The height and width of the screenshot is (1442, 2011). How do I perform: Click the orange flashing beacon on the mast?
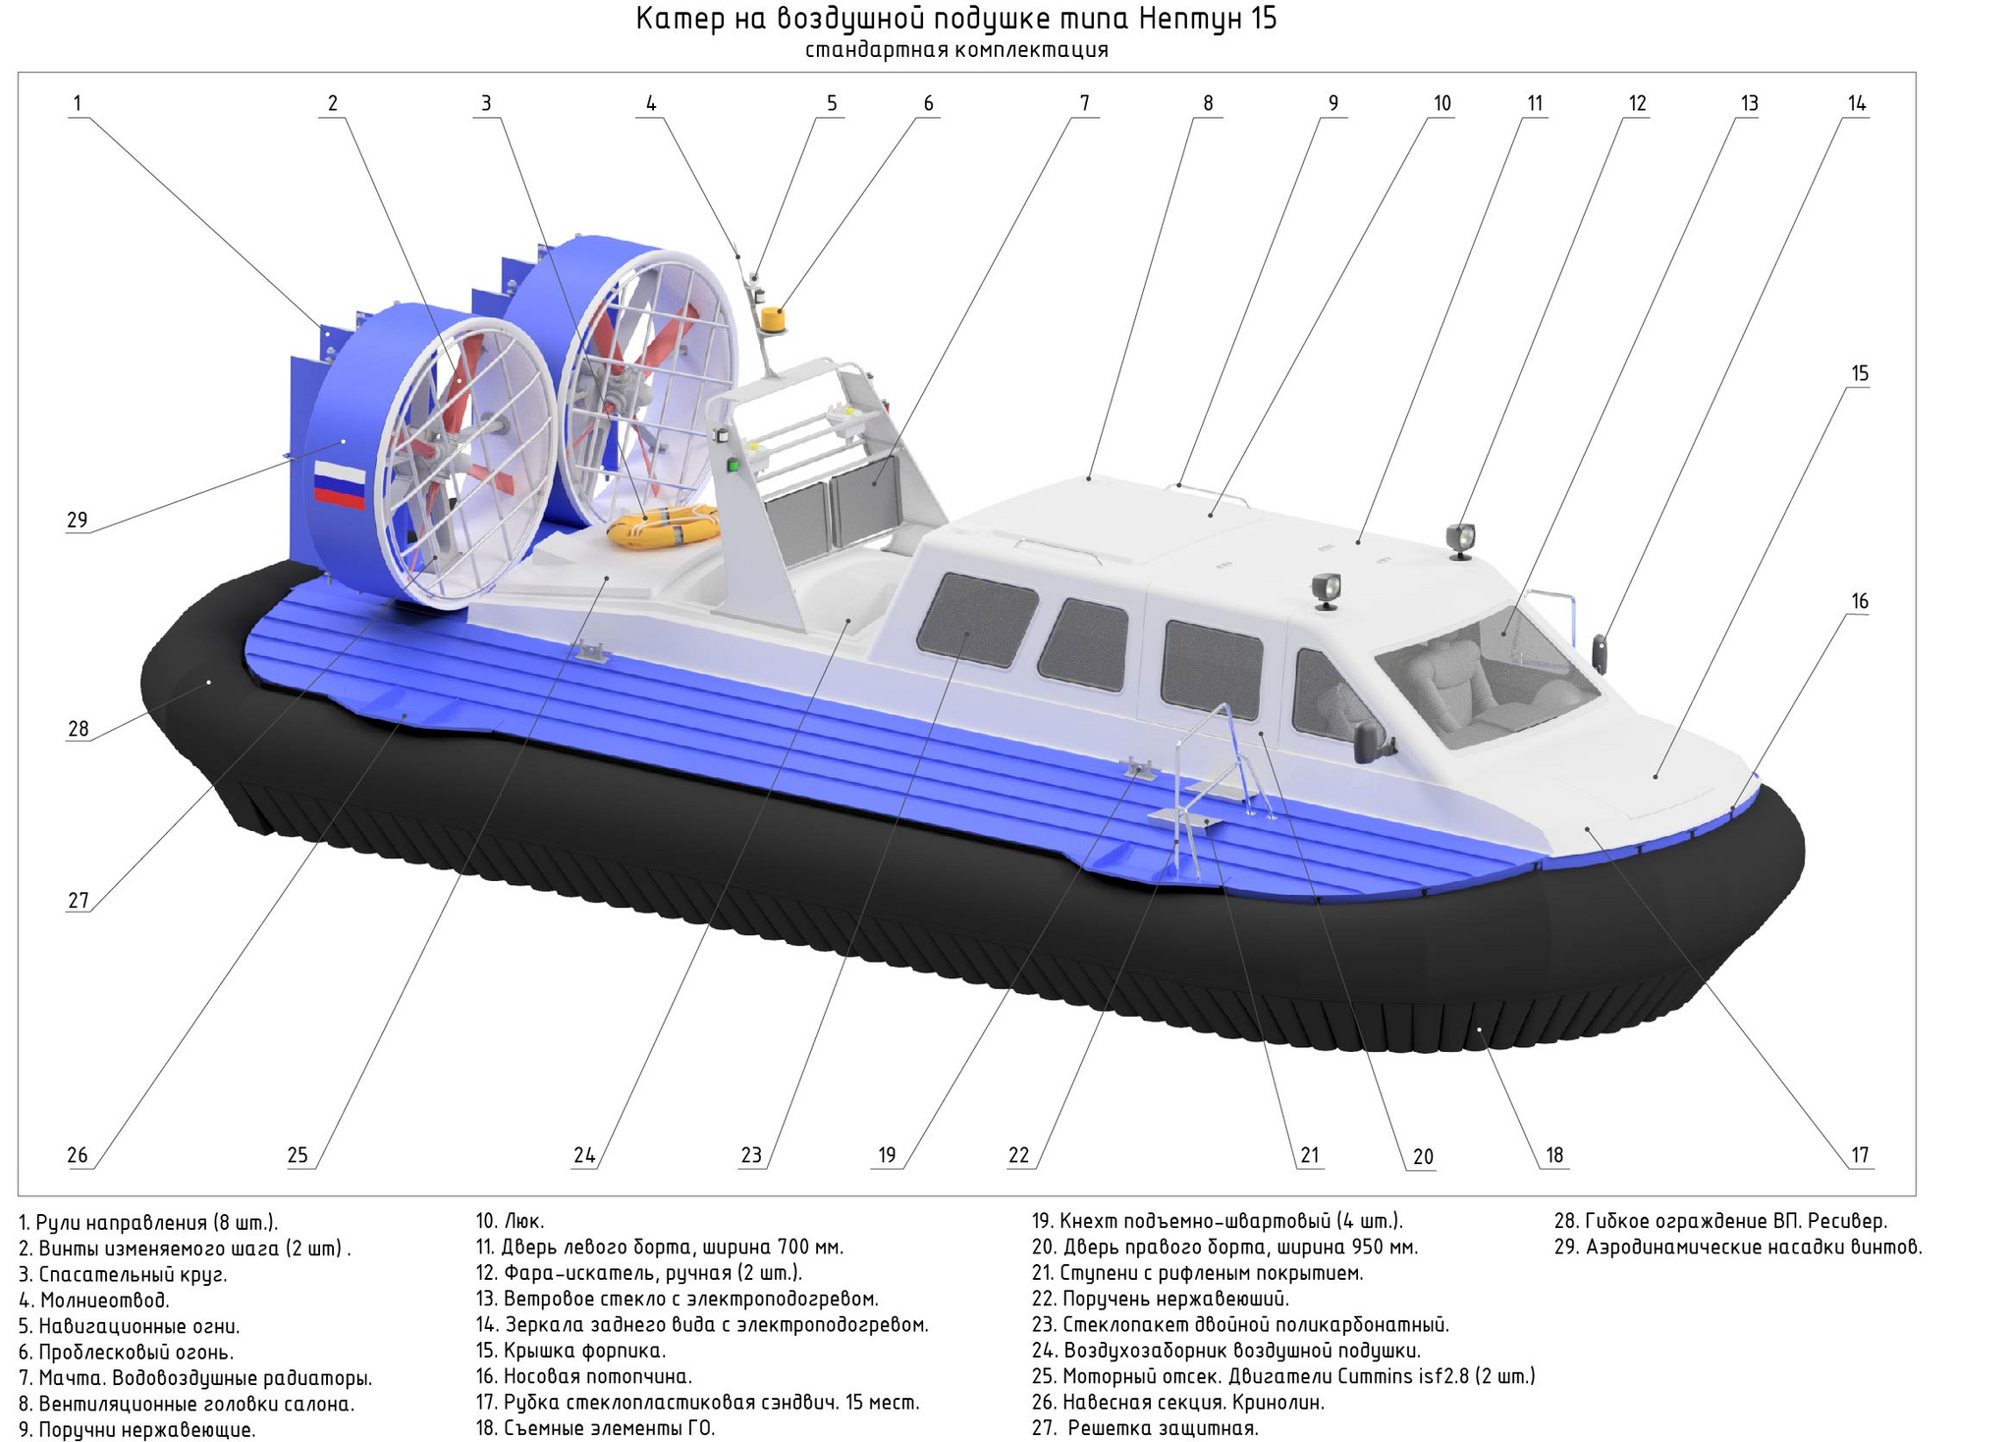[x=774, y=320]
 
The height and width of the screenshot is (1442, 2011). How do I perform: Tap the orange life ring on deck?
[x=663, y=527]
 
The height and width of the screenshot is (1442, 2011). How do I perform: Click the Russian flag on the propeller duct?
[x=340, y=485]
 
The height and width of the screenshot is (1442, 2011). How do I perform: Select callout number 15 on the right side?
[x=1860, y=373]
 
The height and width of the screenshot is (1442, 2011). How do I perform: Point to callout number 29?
[x=78, y=520]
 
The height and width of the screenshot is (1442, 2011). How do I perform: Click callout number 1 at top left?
[x=78, y=103]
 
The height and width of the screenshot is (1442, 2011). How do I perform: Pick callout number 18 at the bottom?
[x=1554, y=1155]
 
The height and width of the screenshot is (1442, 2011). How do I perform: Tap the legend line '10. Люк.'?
[x=510, y=1221]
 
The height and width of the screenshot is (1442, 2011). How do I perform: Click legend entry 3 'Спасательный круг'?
[x=123, y=1274]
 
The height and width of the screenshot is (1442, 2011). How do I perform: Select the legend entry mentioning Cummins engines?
[x=1283, y=1376]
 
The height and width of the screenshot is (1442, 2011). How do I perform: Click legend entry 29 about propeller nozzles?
[x=1738, y=1248]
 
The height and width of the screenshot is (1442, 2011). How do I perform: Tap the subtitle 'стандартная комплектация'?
[x=956, y=50]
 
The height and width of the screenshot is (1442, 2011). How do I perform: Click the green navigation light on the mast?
[x=732, y=465]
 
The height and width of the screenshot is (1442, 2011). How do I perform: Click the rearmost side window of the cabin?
[x=977, y=619]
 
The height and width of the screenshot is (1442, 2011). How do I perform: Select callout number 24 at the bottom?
[x=584, y=1155]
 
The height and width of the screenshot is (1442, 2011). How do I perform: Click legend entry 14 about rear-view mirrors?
[x=702, y=1324]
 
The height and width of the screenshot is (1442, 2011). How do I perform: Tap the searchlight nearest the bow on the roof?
[x=1459, y=540]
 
